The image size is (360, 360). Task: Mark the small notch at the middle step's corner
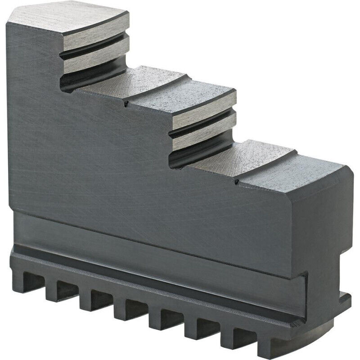point(126,104)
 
